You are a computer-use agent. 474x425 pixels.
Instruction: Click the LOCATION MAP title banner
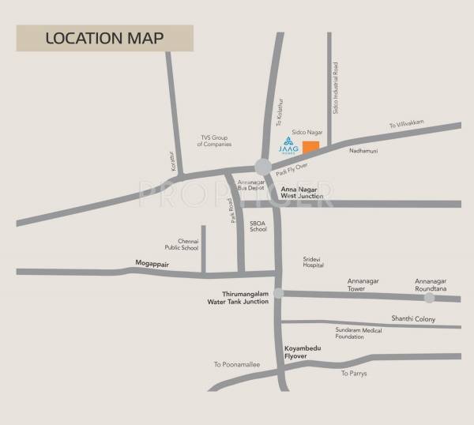click(x=104, y=38)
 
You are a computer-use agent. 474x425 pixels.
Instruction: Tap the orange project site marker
click(x=311, y=147)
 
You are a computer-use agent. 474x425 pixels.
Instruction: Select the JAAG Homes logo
click(x=288, y=145)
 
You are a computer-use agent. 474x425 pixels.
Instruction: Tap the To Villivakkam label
click(x=406, y=125)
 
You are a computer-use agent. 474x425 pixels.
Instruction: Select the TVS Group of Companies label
click(x=214, y=141)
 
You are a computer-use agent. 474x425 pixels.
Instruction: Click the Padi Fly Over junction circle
click(x=263, y=166)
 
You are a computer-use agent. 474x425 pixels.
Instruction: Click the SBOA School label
click(x=258, y=226)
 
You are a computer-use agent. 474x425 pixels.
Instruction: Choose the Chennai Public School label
click(x=187, y=244)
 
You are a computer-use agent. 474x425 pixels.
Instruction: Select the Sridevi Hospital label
click(x=314, y=262)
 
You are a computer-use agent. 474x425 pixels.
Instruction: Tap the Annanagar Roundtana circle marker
click(x=429, y=298)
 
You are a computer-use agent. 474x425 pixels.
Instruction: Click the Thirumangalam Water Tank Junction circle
click(x=279, y=293)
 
